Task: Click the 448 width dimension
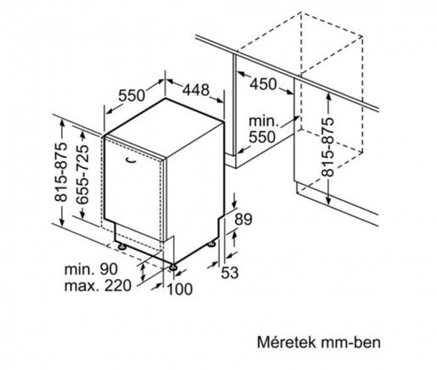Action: click(196, 90)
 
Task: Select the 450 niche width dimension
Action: click(263, 84)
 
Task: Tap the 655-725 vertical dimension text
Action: click(82, 175)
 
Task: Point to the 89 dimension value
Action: click(243, 219)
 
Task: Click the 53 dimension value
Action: click(230, 273)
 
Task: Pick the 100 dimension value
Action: click(180, 289)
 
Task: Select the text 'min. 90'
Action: click(91, 269)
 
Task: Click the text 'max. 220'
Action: click(97, 286)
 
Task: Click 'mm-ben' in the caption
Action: click(350, 342)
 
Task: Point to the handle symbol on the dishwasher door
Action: click(131, 160)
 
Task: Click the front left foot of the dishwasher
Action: click(122, 247)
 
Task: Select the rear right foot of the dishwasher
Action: click(211, 244)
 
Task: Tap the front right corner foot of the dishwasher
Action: click(173, 267)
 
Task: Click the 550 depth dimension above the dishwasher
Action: click(132, 95)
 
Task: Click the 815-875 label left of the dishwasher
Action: click(61, 172)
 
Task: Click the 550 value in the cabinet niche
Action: click(262, 137)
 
